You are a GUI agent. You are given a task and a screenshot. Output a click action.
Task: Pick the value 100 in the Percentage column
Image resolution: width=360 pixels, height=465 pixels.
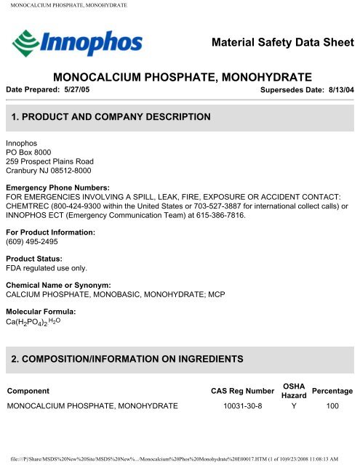click(333, 405)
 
